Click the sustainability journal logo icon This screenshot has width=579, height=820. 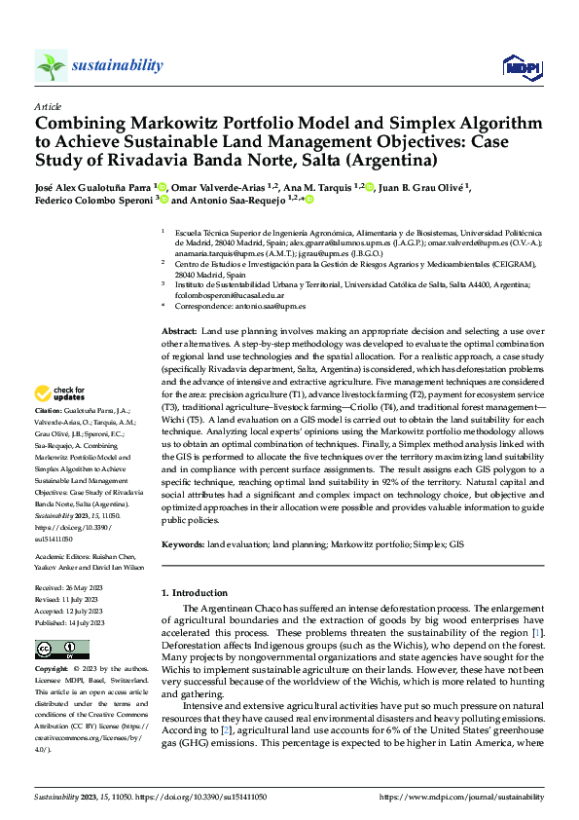click(x=51, y=65)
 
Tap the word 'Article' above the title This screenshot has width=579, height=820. click(x=48, y=106)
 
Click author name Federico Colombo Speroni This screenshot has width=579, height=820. click(x=94, y=201)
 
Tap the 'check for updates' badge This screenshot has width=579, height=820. click(x=60, y=394)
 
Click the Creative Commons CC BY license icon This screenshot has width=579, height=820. click(x=55, y=651)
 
